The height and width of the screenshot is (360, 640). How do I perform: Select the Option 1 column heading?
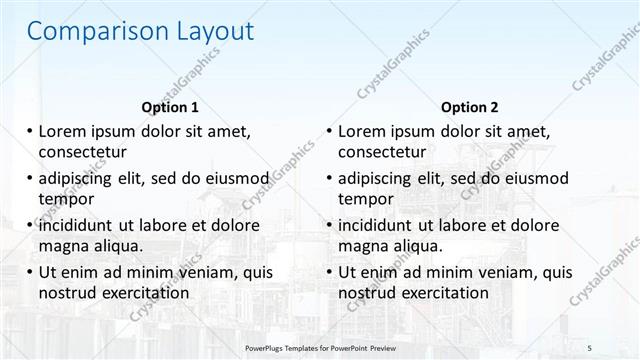[170, 107]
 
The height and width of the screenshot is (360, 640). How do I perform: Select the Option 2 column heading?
[469, 107]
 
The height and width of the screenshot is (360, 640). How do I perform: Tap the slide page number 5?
[590, 347]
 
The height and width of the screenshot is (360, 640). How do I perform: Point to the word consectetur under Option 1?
[82, 152]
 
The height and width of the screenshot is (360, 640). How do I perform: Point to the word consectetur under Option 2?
[382, 152]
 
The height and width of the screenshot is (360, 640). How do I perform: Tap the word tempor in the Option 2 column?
[365, 199]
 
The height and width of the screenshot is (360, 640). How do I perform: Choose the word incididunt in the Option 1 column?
[78, 225]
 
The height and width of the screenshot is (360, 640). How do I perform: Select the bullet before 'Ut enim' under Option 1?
[29, 272]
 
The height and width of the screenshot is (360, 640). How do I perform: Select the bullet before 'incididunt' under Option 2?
[329, 225]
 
